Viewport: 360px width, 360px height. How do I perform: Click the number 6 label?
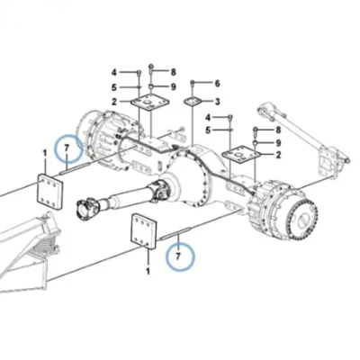[x=217, y=83]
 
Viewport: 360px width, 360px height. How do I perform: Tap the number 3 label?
[x=217, y=102]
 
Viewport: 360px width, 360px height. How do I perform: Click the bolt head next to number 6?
[x=193, y=83]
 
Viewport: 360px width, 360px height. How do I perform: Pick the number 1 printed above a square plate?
[x=45, y=153]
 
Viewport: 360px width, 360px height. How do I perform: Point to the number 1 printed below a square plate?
[x=148, y=271]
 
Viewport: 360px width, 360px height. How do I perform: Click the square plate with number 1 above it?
[x=49, y=192]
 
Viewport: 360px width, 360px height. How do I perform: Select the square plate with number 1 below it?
[x=144, y=231]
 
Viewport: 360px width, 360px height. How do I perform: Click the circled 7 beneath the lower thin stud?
[x=179, y=257]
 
